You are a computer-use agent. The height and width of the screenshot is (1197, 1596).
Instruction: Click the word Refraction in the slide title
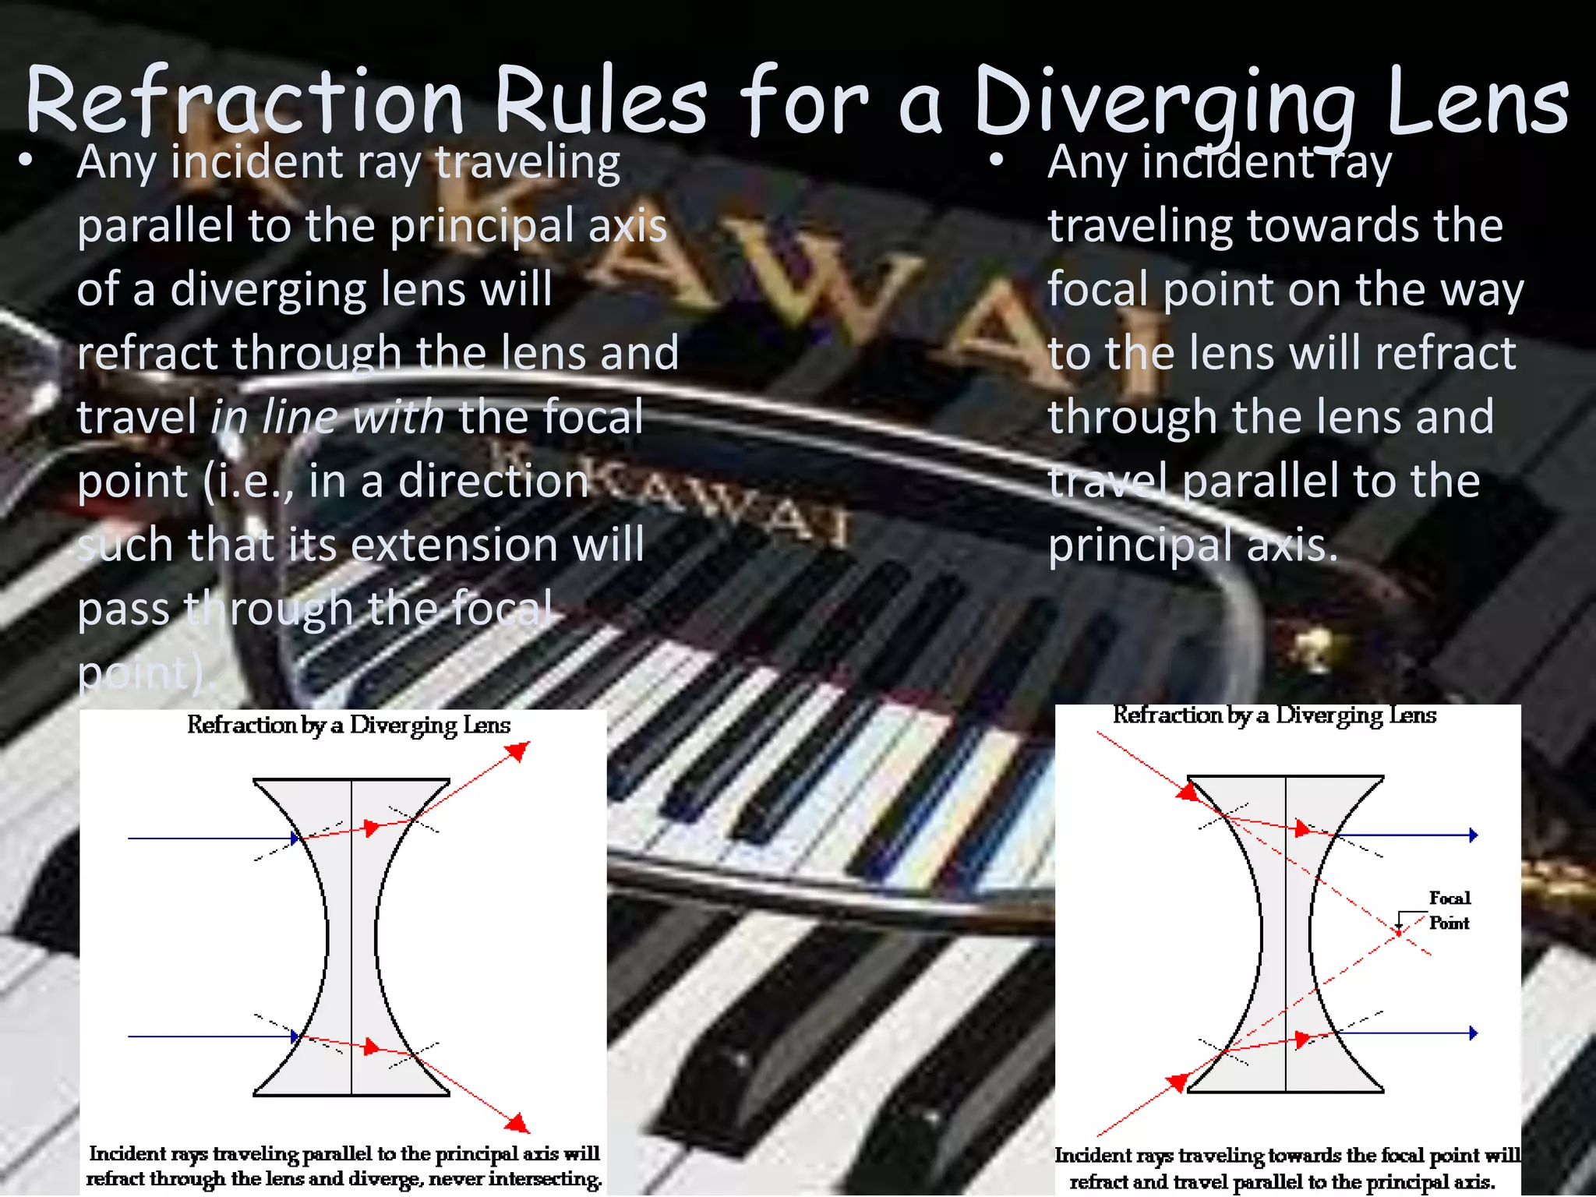[245, 101]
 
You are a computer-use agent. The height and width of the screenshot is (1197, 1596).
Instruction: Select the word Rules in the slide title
[600, 101]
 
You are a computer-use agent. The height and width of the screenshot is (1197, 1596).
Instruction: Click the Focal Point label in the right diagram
[1449, 910]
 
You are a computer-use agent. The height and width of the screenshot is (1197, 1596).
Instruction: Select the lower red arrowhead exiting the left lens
[517, 1123]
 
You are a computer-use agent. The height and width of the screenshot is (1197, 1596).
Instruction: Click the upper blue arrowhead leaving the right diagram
[1473, 835]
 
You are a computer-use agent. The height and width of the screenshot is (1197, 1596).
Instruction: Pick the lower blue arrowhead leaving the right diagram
[1473, 1033]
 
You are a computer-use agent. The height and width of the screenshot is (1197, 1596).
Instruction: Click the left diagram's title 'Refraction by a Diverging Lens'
[348, 725]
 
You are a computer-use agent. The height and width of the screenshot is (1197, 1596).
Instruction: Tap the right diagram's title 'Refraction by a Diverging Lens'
[1274, 715]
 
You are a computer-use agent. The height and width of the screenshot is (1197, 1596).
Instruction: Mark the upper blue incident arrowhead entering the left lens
[295, 839]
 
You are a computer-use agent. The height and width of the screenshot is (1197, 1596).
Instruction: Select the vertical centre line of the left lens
[351, 935]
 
